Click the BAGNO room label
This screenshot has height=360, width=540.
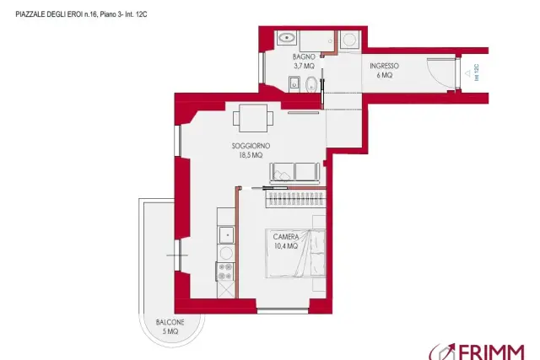304,56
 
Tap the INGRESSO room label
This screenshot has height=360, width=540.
385,66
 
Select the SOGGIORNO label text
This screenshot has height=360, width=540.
251,146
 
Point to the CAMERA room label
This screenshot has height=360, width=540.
286,237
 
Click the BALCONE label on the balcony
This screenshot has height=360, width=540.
170,323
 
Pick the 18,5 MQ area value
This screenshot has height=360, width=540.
251,155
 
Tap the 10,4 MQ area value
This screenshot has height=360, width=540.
286,246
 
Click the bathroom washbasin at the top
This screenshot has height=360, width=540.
287,37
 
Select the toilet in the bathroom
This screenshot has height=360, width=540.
311,84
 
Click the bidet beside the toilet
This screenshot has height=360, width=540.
294,84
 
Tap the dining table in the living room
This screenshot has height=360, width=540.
253,118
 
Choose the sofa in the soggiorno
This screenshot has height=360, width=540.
294,173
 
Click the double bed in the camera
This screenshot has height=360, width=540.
295,253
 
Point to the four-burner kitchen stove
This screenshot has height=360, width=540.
225,271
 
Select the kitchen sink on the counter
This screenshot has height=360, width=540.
226,235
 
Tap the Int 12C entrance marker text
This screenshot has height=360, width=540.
477,73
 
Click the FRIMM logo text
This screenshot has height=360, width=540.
491,352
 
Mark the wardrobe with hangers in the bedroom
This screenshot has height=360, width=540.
295,199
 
